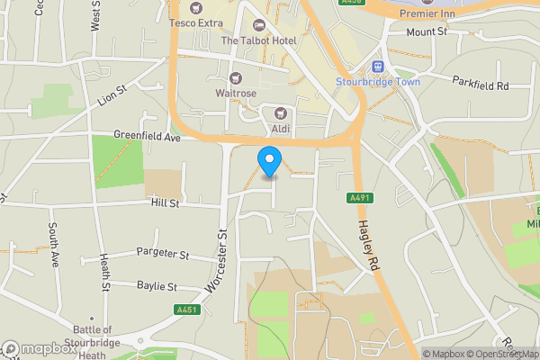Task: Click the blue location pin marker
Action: pyautogui.click(x=268, y=161)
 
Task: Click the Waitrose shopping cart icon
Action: pyautogui.click(x=236, y=78)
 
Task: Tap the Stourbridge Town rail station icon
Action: pyautogui.click(x=378, y=67)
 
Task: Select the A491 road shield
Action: pyautogui.click(x=357, y=198)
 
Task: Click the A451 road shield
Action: pyautogui.click(x=186, y=310)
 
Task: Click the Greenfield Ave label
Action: pyautogui.click(x=148, y=137)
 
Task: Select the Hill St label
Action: pyautogui.click(x=166, y=204)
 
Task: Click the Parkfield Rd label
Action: pyautogui.click(x=481, y=85)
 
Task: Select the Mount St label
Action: pyautogui.click(x=427, y=31)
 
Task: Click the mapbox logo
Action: pyautogui.click(x=39, y=348)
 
